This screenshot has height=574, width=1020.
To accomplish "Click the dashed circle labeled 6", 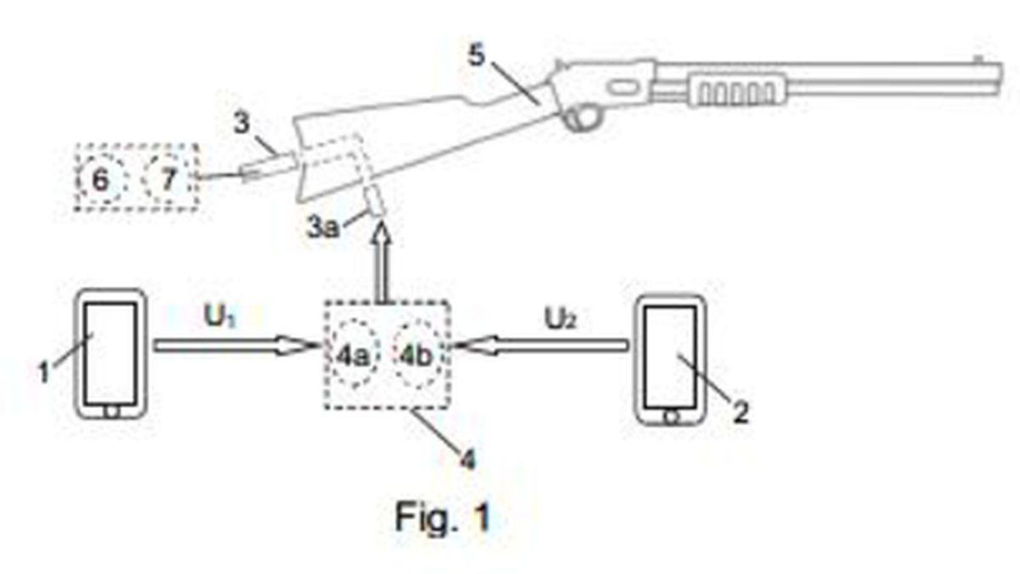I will (x=101, y=180).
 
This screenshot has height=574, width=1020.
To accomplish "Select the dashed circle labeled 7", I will (x=167, y=179).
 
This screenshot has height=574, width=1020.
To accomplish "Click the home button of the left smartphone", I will (x=112, y=411).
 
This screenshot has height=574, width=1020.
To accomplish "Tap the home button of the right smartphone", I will (x=670, y=418).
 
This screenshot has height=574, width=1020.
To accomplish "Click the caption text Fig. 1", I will (x=442, y=517).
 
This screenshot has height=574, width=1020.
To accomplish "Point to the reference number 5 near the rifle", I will (x=476, y=56).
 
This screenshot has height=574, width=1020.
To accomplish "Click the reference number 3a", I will (x=323, y=227).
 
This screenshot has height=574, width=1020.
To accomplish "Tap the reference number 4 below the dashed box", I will (x=467, y=459).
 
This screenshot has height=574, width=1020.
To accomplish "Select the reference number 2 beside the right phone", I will (x=739, y=413).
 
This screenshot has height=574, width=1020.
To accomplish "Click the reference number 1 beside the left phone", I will (x=43, y=372).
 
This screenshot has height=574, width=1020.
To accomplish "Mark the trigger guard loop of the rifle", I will (x=583, y=118).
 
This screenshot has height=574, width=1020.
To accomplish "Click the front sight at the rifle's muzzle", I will (x=978, y=59).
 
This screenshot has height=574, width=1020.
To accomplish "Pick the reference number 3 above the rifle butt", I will (x=241, y=123).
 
